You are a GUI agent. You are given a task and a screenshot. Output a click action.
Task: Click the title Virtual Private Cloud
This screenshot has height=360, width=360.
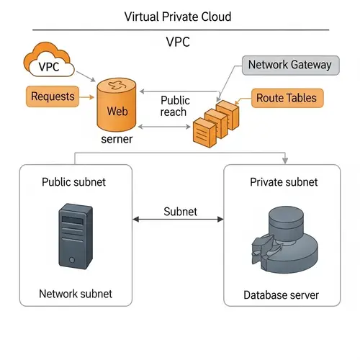click(x=178, y=16)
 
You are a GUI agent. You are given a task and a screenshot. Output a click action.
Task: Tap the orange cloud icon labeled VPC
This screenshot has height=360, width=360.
click(x=50, y=64)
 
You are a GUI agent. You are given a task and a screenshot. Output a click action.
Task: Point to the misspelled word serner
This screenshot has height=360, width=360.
click(x=117, y=139)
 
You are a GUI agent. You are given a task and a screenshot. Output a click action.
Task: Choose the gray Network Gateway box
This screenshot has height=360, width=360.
click(x=289, y=65)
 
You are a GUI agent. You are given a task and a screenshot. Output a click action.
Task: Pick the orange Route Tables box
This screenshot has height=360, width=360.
click(x=286, y=98)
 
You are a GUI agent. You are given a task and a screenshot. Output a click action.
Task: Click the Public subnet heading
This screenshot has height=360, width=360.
click(x=74, y=182)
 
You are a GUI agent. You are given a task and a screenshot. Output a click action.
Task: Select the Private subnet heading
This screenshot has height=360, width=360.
click(x=284, y=182)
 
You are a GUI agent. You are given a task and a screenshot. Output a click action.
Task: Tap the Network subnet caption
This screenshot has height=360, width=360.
click(x=76, y=294)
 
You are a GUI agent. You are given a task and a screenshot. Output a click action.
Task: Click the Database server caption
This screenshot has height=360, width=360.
click(x=282, y=294)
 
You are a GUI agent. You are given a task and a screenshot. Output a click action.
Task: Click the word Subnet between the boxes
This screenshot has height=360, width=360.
click(x=180, y=212)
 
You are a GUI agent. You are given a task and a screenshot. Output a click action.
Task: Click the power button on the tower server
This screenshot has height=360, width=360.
click(x=71, y=260)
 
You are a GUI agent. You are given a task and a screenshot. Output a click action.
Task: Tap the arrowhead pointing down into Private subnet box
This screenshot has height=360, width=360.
click(x=287, y=159)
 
